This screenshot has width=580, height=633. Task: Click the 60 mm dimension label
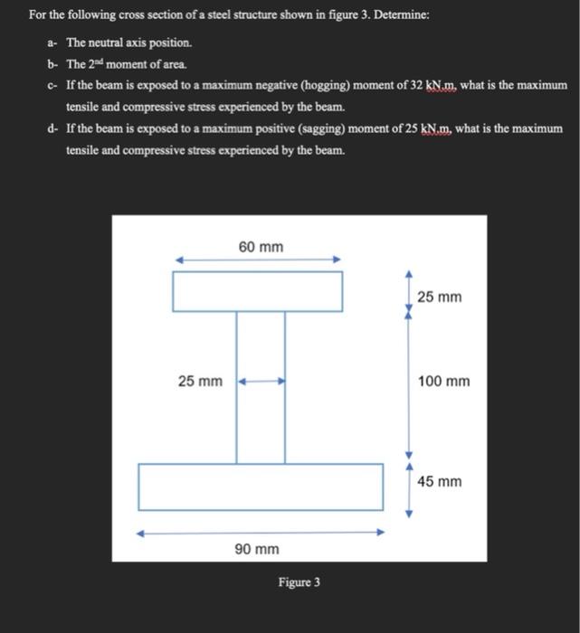pos(261,246)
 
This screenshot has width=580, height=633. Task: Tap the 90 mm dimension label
pos(258,549)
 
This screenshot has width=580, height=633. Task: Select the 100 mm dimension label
pos(443,382)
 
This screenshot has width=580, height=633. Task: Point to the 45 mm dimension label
pos(439,481)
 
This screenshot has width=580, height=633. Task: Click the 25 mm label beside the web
pos(200,382)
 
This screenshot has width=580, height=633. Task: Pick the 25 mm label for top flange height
pos(439,297)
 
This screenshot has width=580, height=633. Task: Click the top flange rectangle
pos(258,290)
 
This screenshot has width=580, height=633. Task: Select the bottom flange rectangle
pos(261,487)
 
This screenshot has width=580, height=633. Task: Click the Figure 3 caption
pos(299,582)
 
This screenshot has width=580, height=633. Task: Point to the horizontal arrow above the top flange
pos(258,260)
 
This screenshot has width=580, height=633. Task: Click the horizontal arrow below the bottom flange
pos(261,533)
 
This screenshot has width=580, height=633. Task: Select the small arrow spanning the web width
pos(261,382)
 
